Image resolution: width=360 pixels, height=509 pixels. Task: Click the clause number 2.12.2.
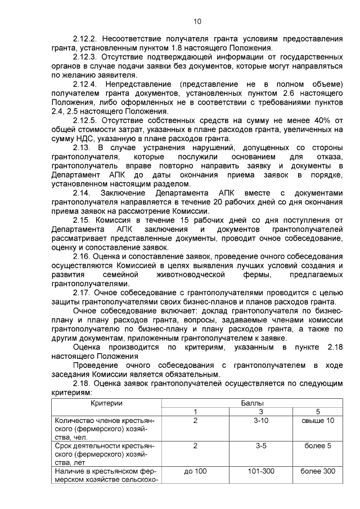tap(85, 39)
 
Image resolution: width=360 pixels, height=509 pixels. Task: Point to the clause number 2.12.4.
tap(85, 84)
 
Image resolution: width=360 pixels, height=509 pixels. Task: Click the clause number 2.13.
tap(83, 148)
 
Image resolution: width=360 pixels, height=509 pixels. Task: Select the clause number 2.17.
tap(83, 292)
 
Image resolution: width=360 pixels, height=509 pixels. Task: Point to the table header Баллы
tap(253, 403)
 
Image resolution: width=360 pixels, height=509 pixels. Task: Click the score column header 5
tap(318, 412)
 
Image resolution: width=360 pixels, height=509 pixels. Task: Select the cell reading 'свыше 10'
tap(318, 421)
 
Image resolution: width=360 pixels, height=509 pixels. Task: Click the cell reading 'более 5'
tap(318, 446)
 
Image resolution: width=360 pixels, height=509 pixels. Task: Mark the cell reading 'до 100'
tap(195, 471)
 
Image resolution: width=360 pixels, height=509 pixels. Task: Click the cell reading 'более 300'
tap(318, 471)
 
